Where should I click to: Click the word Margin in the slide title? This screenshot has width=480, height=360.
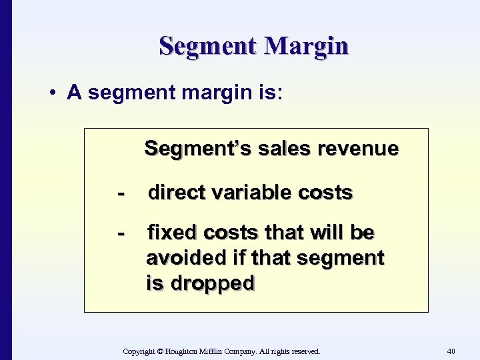click(306, 47)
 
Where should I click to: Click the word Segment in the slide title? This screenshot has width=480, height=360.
click(208, 47)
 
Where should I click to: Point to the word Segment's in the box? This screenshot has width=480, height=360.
click(185, 148)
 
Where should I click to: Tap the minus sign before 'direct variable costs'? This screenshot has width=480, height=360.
click(121, 193)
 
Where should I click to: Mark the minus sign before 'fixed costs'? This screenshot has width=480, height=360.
click(121, 233)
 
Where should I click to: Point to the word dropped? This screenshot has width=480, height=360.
click(213, 283)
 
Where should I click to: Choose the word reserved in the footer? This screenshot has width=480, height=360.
click(303, 351)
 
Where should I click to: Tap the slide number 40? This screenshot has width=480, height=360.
click(451, 351)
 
